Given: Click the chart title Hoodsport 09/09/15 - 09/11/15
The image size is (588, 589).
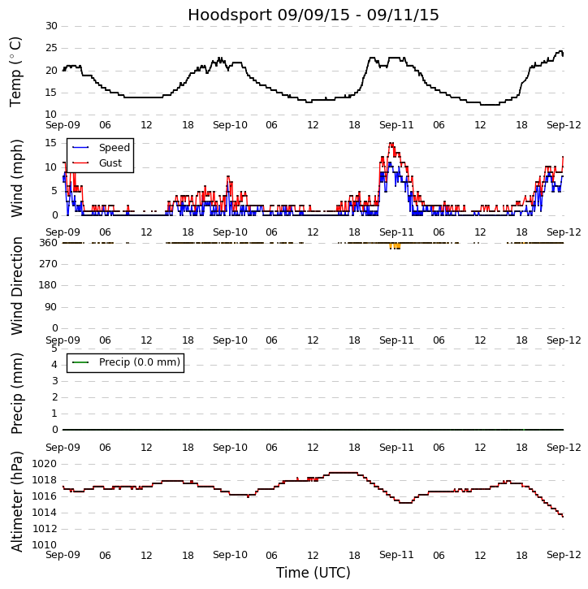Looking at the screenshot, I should (x=313, y=15).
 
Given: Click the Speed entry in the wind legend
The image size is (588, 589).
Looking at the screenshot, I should (x=114, y=148).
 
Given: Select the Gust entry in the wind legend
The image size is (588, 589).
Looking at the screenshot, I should (x=110, y=163).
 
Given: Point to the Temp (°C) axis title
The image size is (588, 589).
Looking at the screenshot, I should (x=16, y=71).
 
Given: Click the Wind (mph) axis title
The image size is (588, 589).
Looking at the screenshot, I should (x=16, y=177).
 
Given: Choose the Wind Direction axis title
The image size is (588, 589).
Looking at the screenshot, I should (x=16, y=285).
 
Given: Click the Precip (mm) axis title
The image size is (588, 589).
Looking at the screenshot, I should (x=16, y=392).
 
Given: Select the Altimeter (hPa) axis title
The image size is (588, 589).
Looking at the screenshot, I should (x=16, y=501).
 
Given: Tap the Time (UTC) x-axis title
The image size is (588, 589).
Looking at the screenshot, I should (x=313, y=573).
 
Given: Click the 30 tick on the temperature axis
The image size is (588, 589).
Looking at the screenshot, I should (x=51, y=26).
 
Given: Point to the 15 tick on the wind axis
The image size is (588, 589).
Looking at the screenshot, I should (x=51, y=143).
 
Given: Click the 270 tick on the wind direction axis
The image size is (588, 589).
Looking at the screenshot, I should (x=48, y=264).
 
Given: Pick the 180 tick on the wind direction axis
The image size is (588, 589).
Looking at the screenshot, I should (x=48, y=285).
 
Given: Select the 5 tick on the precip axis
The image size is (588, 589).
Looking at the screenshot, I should (x=54, y=349).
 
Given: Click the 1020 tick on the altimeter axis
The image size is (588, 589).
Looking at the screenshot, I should (x=45, y=464).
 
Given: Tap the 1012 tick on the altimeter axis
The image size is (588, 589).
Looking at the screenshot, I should (x=45, y=529).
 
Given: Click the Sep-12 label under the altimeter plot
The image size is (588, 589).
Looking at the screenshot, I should (x=564, y=555).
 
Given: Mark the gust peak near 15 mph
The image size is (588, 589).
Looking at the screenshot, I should (x=391, y=144).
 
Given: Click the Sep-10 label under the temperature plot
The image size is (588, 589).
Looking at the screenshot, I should (x=230, y=125).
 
